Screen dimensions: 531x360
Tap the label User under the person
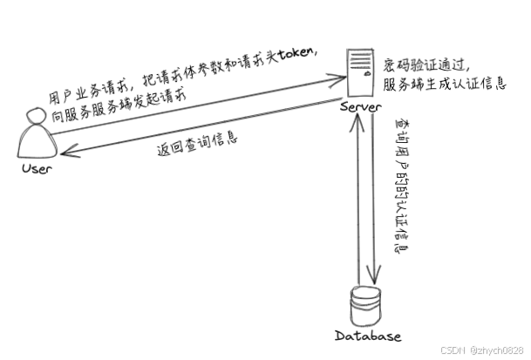(36, 166)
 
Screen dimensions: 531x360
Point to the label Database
(367, 336)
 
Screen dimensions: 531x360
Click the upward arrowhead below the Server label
(352, 119)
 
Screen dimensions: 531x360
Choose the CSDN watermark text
(453, 350)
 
